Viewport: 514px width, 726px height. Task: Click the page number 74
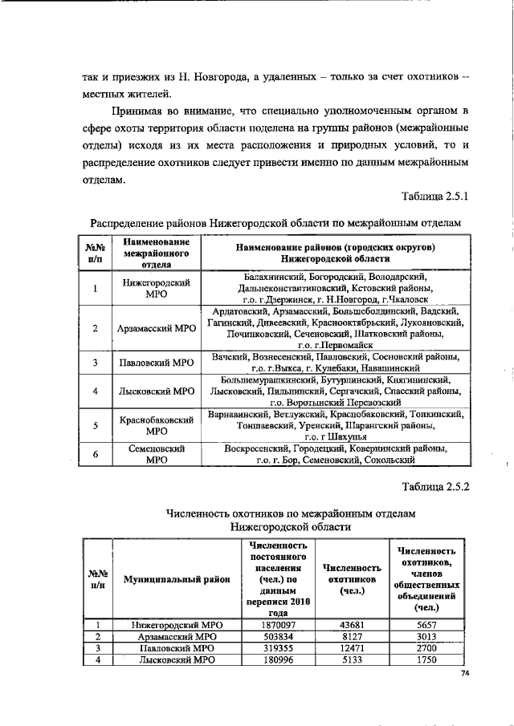point(464,674)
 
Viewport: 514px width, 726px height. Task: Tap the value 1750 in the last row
point(426,659)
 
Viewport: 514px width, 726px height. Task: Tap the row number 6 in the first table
point(95,455)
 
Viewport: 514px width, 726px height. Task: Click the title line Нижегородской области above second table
point(290,526)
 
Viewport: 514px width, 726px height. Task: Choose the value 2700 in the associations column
point(426,647)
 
